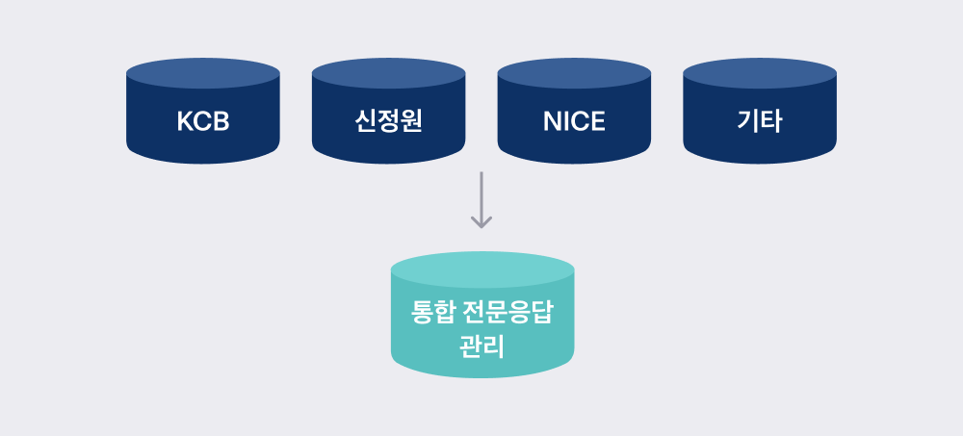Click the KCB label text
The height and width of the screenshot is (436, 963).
pyautogui.click(x=203, y=121)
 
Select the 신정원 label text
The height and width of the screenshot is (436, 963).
pyautogui.click(x=388, y=121)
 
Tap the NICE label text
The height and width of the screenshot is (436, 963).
pyautogui.click(x=574, y=121)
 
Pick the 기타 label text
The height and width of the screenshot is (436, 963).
pyautogui.click(x=760, y=121)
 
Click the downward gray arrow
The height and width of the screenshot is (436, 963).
pyautogui.click(x=481, y=199)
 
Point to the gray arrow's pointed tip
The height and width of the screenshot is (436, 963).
pyautogui.click(x=481, y=228)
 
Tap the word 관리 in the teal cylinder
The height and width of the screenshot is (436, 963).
pyautogui.click(x=482, y=346)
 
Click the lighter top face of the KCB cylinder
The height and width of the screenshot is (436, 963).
pyautogui.click(x=203, y=73)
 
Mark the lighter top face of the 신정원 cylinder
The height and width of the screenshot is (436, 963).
pyautogui.click(x=389, y=73)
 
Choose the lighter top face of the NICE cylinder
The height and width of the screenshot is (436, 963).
pyautogui.click(x=574, y=73)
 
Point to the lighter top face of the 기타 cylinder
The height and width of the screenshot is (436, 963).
pyautogui.click(x=760, y=73)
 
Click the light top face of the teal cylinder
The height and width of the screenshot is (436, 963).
pyautogui.click(x=482, y=269)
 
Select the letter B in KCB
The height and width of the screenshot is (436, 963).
pyautogui.click(x=221, y=121)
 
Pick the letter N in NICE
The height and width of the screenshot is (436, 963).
pyautogui.click(x=552, y=121)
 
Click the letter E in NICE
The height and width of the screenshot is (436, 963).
pyautogui.click(x=598, y=121)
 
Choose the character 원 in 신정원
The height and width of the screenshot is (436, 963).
pyautogui.click(x=411, y=121)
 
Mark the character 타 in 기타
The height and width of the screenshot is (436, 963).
pyautogui.click(x=771, y=121)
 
